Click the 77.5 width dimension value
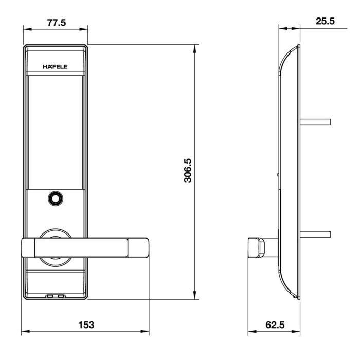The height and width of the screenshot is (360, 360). [57, 23]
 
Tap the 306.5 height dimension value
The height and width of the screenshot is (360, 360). [188, 170]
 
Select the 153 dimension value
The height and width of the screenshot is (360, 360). [86, 325]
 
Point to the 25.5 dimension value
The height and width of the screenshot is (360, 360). [325, 21]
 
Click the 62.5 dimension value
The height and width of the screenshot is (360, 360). [275, 325]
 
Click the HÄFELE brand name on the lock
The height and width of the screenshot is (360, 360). [55, 67]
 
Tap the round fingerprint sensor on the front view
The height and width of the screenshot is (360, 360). [56, 199]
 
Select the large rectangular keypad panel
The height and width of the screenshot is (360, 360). [56, 133]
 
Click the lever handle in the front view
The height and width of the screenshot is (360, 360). [85, 248]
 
